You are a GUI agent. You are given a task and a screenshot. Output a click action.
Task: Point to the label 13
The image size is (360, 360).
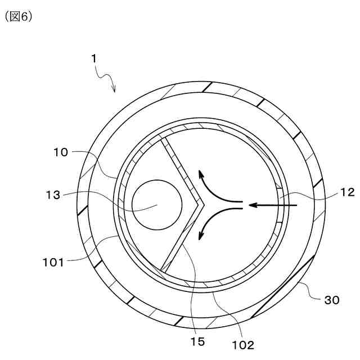tap(53, 195)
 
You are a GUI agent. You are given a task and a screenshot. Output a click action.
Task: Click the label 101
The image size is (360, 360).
tap(53, 260)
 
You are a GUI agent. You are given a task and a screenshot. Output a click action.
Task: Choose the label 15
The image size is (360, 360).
tap(197, 340)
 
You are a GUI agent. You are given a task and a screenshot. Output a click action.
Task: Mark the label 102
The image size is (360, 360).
tap(242, 344)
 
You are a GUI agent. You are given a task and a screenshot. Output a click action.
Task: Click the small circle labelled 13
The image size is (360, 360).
tap(156, 205)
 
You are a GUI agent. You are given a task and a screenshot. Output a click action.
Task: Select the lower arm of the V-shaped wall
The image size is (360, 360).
tap(180, 239)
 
